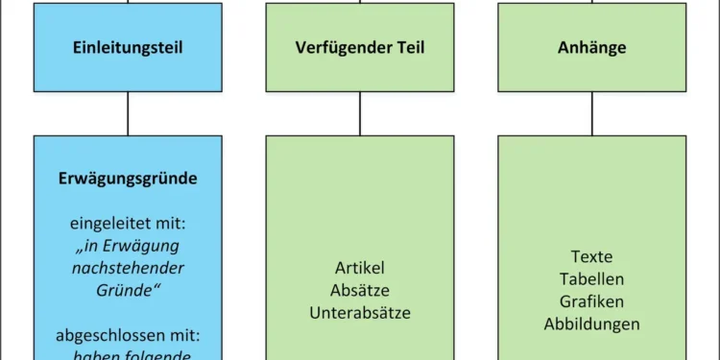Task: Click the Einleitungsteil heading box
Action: pos(128,47)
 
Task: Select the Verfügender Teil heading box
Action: pos(360,47)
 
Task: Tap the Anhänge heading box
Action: pos(591,47)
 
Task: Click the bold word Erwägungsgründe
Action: pos(128,179)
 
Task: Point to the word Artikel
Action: pos(360,269)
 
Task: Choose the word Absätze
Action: pos(360,290)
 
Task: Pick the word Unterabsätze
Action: pos(360,312)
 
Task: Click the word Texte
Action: pos(591,257)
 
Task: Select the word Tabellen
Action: pos(591,279)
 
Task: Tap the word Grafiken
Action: pos(591,301)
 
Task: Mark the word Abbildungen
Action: pos(591,324)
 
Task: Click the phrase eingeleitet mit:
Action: pos(128,225)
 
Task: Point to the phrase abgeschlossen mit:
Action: pos(128,337)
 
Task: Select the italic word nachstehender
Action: pos(128,269)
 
